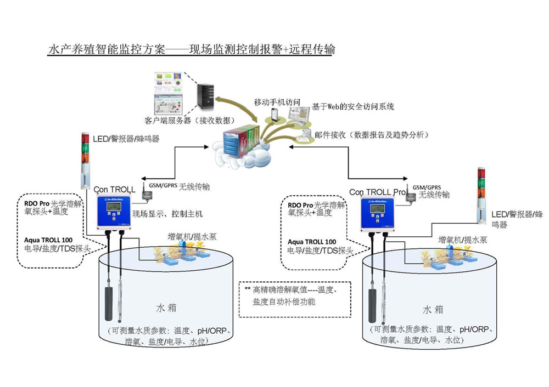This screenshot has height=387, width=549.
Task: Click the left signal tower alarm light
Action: [x=85, y=159]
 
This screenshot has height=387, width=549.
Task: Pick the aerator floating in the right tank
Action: [x=445, y=258]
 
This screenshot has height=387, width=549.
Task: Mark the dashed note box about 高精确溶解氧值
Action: [x=295, y=298]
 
